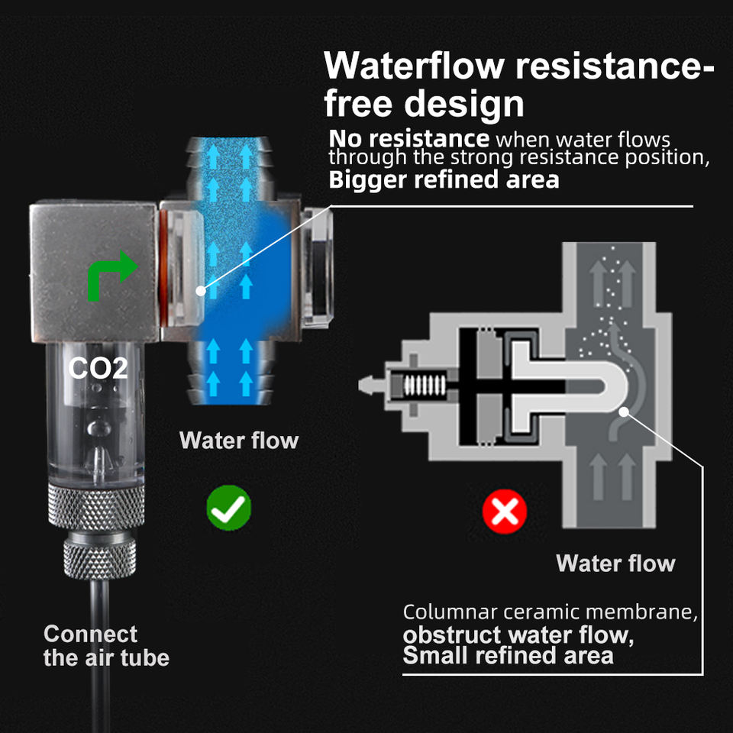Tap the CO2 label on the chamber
click(x=98, y=368)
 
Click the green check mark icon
click(x=229, y=508)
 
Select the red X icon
click(x=505, y=511)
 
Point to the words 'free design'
click(x=425, y=103)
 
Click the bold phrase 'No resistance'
click(x=408, y=139)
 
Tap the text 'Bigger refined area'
click(x=444, y=180)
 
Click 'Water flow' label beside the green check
click(x=239, y=441)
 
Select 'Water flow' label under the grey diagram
click(x=615, y=563)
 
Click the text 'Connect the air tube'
click(x=105, y=645)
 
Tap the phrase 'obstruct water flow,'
click(x=518, y=635)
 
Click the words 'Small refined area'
click(x=508, y=655)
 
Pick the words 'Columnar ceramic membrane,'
click(x=551, y=612)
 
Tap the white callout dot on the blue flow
click(x=200, y=290)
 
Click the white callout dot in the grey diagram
click(x=625, y=412)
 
